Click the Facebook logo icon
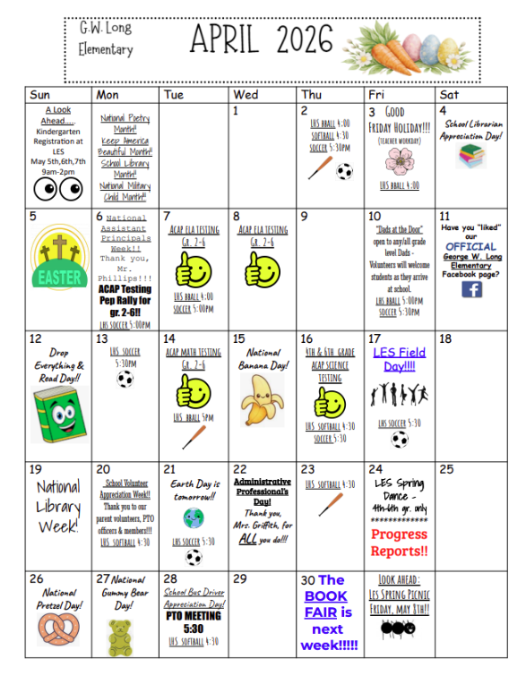pyautogui.click(x=471, y=289)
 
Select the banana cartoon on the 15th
pyautogui.click(x=262, y=399)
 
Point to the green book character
pyautogui.click(x=58, y=411)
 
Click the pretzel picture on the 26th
pyautogui.click(x=59, y=632)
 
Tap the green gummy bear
pyautogui.click(x=120, y=637)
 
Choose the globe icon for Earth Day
pyautogui.click(x=194, y=518)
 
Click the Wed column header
pyautogui.click(x=246, y=94)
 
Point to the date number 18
pyautogui.click(x=446, y=340)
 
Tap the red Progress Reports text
pyautogui.click(x=399, y=543)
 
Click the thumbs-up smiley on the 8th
pyautogui.click(x=262, y=268)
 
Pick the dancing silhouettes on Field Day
pyautogui.click(x=399, y=395)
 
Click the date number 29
pyautogui.click(x=239, y=579)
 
